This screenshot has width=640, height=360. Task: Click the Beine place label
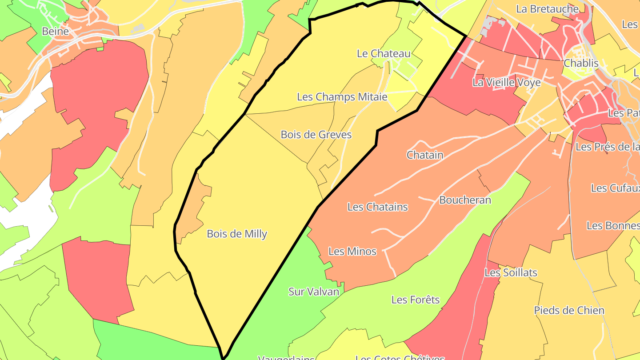click(x=55, y=32)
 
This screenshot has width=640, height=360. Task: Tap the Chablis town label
click(x=581, y=63)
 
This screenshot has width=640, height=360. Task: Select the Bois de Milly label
click(x=237, y=234)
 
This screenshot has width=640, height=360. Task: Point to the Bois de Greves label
click(x=316, y=134)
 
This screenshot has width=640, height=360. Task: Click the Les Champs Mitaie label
click(x=342, y=96)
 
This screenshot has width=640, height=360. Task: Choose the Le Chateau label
click(x=384, y=53)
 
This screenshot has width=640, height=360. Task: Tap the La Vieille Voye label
click(x=506, y=82)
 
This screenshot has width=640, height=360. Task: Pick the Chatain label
click(x=425, y=155)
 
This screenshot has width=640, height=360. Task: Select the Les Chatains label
click(x=377, y=207)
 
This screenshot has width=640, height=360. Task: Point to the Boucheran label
click(x=465, y=200)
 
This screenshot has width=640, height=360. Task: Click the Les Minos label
click(x=352, y=252)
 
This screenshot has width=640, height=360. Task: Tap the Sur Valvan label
click(x=313, y=292)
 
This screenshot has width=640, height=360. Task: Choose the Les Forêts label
click(x=415, y=300)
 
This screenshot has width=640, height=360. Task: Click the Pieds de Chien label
click(x=569, y=310)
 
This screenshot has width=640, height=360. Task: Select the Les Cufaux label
click(x=615, y=188)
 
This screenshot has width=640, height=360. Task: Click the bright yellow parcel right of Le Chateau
click(x=438, y=49)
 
